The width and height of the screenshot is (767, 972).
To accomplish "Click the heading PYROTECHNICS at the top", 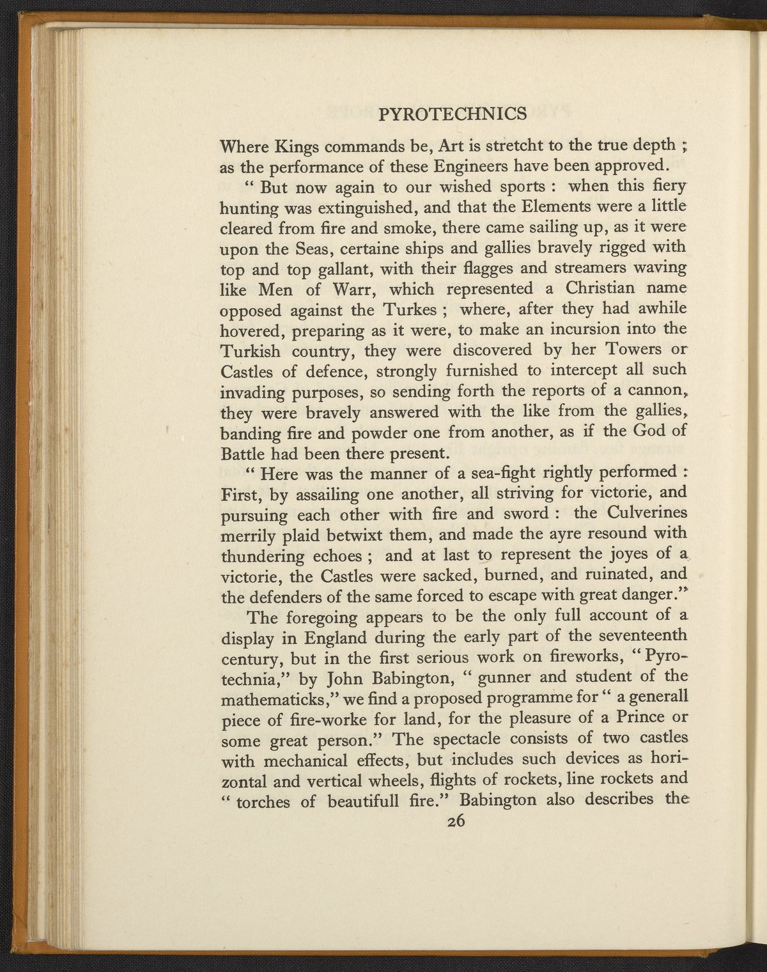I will click(453, 114).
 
